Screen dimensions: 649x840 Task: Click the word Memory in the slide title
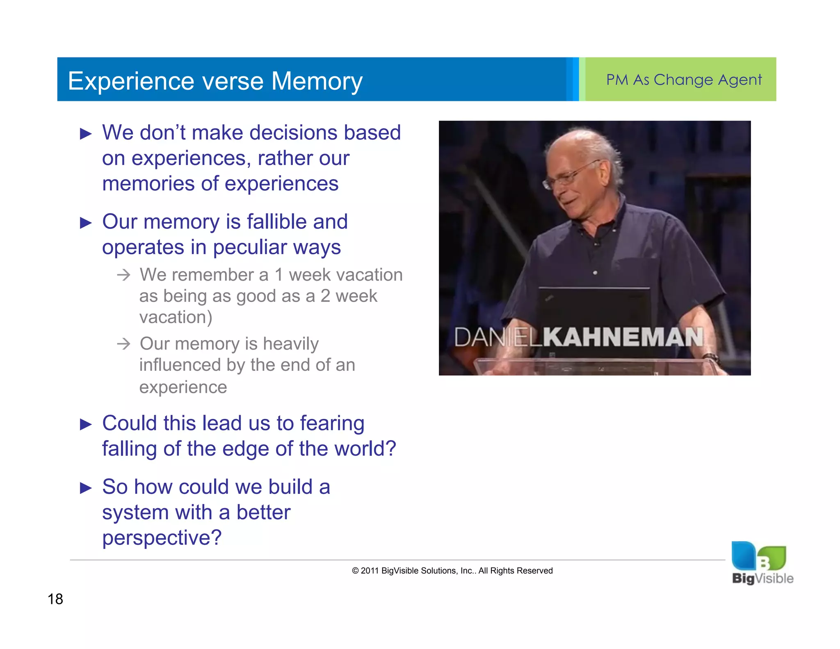point(317,81)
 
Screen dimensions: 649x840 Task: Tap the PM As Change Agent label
point(684,80)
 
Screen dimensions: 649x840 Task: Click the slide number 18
point(55,599)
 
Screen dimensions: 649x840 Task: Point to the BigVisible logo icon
point(758,556)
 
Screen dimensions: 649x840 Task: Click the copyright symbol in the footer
point(355,571)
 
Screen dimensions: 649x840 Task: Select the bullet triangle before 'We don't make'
point(86,134)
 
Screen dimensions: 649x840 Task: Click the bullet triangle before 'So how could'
point(86,488)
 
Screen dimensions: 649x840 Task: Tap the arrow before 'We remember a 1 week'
point(123,274)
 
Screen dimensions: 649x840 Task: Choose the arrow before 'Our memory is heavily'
point(123,343)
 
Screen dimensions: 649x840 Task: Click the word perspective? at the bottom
point(162,538)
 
